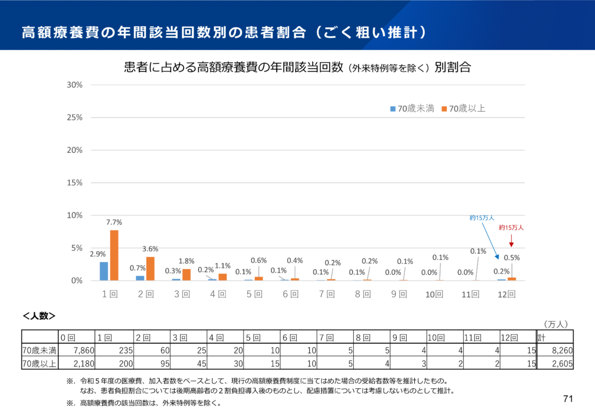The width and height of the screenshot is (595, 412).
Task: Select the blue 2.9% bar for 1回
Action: [x=104, y=271]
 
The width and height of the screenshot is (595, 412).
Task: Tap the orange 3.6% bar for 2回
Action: [x=150, y=269]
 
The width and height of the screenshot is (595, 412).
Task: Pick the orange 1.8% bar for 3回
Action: [x=187, y=275]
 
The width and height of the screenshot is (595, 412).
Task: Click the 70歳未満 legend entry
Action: [x=412, y=109]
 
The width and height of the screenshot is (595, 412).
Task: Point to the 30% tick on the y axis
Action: [x=74, y=84]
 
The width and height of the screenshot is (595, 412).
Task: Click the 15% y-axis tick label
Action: [x=74, y=182]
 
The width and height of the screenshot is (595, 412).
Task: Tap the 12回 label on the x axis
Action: [x=507, y=295]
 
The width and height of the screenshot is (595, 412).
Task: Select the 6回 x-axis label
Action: [x=290, y=295]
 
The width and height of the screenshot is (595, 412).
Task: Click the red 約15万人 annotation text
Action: [x=511, y=228]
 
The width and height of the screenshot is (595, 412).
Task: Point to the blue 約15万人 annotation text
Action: [x=482, y=218]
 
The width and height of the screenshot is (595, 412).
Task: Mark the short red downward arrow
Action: [x=511, y=240]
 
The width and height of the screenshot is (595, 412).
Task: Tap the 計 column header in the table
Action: [x=542, y=338]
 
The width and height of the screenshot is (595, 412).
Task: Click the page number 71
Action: [x=568, y=399]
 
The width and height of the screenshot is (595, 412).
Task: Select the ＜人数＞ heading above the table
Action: [x=38, y=316]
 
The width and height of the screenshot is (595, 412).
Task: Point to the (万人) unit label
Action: [x=555, y=324]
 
